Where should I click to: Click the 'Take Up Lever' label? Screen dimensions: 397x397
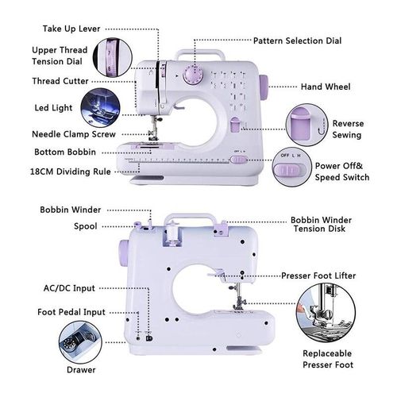pyautogui.click(x=71, y=29)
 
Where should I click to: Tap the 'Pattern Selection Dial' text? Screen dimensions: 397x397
pyautogui.click(x=297, y=40)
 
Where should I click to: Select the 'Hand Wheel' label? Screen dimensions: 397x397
pyautogui.click(x=326, y=87)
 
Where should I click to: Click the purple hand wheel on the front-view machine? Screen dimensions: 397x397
pyautogui.click(x=264, y=87)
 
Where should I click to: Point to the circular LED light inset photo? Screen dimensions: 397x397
pyautogui.click(x=100, y=107)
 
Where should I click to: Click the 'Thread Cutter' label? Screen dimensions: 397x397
pyautogui.click(x=60, y=81)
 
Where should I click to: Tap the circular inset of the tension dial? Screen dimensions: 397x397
pyautogui.click(x=113, y=57)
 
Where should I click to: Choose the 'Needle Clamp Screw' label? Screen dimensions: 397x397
pyautogui.click(x=74, y=134)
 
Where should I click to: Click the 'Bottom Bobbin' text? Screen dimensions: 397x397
pyautogui.click(x=65, y=152)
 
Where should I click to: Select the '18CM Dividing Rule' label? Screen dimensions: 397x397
pyautogui.click(x=71, y=172)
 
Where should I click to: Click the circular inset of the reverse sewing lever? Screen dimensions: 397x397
pyautogui.click(x=306, y=125)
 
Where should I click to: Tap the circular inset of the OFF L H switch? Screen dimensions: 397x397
pyautogui.click(x=292, y=167)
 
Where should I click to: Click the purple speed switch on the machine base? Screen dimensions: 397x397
pyautogui.click(x=238, y=160)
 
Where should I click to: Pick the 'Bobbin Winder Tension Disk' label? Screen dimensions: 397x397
pyautogui.click(x=321, y=224)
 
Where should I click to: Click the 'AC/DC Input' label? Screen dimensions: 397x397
pyautogui.click(x=69, y=288)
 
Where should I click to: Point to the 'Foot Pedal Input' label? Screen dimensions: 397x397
pyautogui.click(x=71, y=312)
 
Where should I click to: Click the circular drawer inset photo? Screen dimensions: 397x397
pyautogui.click(x=80, y=342)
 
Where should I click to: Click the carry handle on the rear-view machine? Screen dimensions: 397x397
pyautogui.click(x=190, y=216)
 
